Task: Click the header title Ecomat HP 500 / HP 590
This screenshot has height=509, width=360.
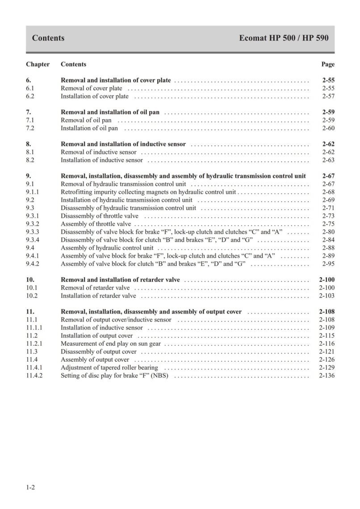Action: (284, 38)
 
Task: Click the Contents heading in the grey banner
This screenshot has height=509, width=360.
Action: (48, 38)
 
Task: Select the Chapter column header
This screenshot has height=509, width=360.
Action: (38, 64)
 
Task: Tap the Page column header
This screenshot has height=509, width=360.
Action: (328, 64)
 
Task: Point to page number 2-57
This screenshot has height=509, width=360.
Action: (328, 96)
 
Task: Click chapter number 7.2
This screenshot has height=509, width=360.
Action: (30, 129)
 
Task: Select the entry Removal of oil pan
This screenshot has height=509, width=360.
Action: (86, 121)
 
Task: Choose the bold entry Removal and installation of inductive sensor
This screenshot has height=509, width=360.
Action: (123, 144)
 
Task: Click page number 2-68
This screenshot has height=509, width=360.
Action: (328, 192)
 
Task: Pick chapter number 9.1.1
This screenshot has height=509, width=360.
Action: (33, 192)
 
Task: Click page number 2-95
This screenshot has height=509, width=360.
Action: (328, 264)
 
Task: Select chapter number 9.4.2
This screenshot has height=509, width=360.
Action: (33, 264)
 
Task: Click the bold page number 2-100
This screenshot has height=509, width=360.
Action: (327, 280)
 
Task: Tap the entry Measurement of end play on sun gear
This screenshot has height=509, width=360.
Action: (111, 344)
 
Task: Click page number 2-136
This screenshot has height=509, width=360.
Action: (327, 376)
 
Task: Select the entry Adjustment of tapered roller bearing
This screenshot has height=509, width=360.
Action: (109, 368)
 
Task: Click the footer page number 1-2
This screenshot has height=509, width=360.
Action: (30, 488)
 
